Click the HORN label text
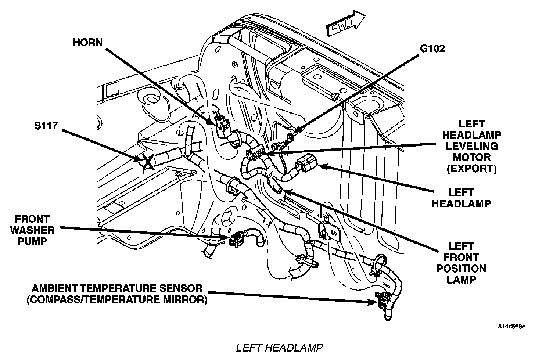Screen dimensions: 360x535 87,42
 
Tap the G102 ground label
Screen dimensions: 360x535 432,49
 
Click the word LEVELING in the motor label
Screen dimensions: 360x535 471,146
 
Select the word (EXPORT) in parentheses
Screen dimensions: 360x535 471,169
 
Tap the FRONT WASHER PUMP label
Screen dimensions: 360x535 32,230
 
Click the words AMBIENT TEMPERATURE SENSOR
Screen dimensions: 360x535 117,288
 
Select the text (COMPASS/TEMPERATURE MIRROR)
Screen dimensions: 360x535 117,299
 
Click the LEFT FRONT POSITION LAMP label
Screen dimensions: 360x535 461,263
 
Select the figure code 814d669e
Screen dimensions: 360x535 511,326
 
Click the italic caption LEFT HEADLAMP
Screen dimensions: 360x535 279,347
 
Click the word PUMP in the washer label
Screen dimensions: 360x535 32,242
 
